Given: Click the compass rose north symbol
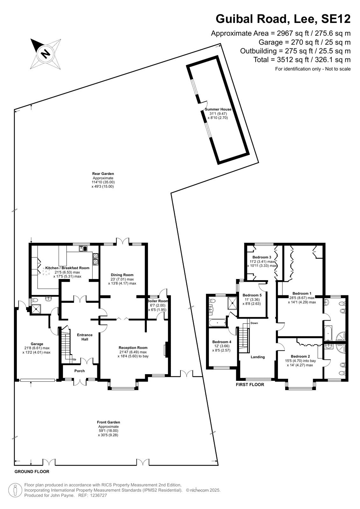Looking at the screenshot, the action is pos(46,54).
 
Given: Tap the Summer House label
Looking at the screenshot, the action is pos(218,109).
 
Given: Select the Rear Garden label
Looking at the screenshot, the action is pos(103,174).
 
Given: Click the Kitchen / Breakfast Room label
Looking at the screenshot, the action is pos(67,268).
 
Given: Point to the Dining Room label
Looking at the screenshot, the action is pos(122,275).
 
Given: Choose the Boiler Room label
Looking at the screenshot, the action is pos(158,301).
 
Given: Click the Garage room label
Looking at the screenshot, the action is pos(37,344).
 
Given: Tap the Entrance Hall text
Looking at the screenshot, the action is pos(85,337).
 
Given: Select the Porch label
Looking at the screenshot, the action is pos(80,371).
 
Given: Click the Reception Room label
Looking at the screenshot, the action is pos(133,348).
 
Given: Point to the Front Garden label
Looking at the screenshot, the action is pos(109,422).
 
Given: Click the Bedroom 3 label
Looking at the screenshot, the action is pos(262,257).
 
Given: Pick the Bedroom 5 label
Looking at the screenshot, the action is pos(252,295).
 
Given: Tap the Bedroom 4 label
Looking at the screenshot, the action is pos(222,342).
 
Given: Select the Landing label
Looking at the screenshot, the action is pos(258,357).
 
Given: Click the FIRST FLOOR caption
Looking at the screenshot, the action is pos(250,385).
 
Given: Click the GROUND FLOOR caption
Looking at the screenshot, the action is pos(32,471).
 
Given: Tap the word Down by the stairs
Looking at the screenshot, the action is pos(254,323).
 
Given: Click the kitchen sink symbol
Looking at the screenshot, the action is pos(83,248).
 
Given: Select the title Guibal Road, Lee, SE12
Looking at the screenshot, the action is pos(283,19).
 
